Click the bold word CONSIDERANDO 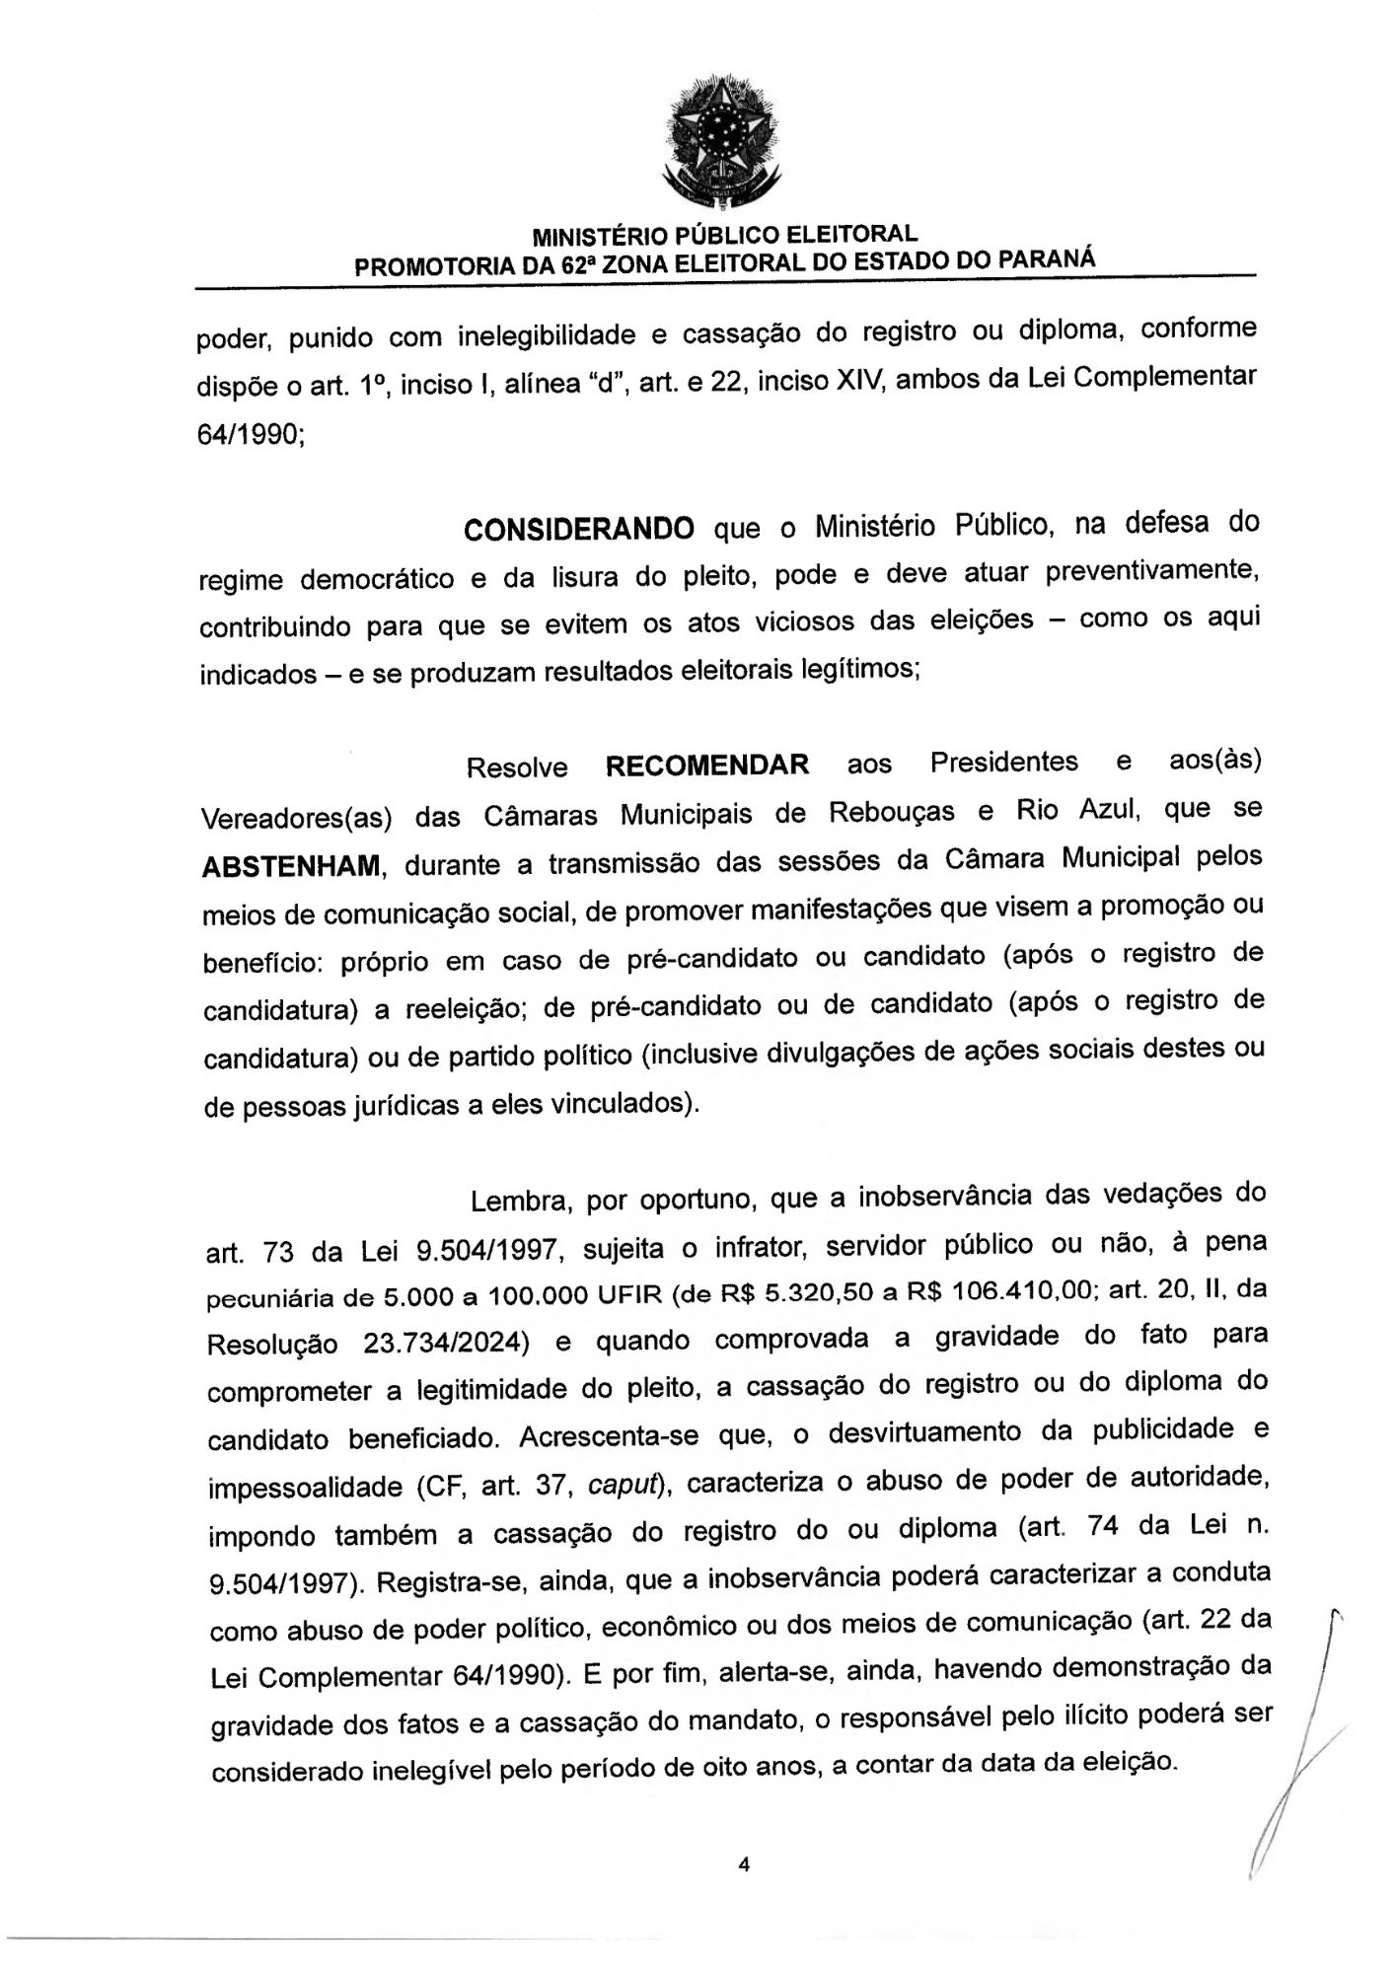[579, 529]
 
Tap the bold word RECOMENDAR [707, 765]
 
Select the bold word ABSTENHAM [291, 866]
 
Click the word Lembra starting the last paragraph [519, 1202]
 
